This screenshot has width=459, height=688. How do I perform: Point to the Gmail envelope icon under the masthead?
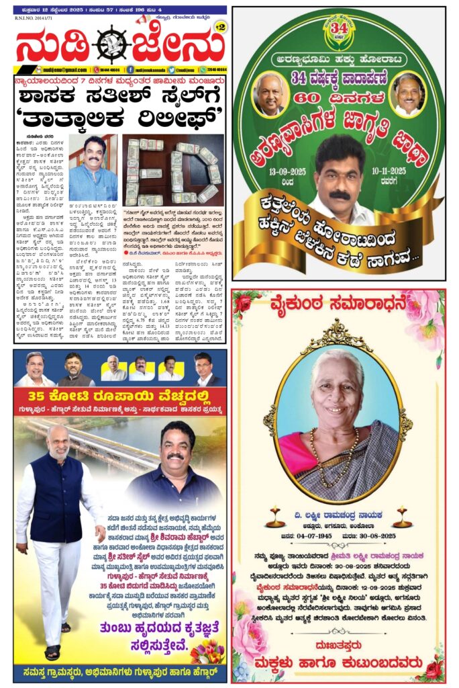point(19,69)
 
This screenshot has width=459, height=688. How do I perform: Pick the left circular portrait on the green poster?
point(270,93)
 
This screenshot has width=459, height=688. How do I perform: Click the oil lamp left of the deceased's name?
point(275,517)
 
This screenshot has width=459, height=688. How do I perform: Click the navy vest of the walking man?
point(56,501)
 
